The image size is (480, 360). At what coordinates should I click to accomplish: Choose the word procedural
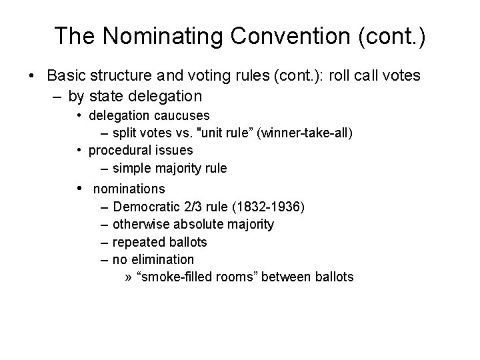pos(117,150)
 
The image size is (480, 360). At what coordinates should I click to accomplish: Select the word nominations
pos(129,189)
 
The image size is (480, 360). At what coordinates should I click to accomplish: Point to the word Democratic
pos(145,207)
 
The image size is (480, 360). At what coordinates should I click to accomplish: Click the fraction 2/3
pos(192,207)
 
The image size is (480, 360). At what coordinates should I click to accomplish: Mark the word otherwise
pos(140,224)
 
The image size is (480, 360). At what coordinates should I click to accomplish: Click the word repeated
pos(137,241)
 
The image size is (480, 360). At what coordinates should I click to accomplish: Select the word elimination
pos(163,259)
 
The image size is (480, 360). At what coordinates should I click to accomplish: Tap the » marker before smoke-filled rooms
pos(128,276)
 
